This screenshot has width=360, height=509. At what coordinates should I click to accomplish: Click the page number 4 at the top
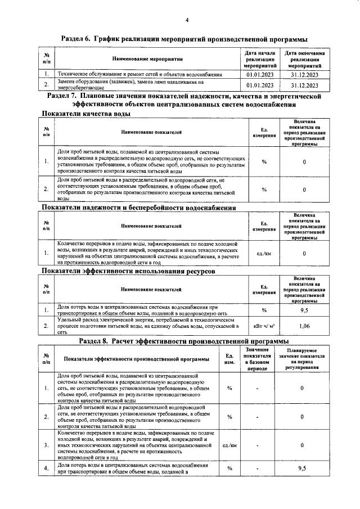click(186, 21)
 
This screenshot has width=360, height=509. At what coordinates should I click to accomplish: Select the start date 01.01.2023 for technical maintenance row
click(260, 74)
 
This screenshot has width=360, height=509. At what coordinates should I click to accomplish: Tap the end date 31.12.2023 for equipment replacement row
click(305, 85)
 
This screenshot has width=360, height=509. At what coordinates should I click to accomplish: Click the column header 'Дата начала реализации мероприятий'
click(260, 58)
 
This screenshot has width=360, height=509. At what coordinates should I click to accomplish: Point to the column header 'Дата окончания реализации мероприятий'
click(305, 58)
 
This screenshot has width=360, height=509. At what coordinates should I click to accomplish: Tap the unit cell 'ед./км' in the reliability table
click(264, 254)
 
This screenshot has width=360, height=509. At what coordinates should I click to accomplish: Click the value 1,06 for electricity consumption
click(304, 325)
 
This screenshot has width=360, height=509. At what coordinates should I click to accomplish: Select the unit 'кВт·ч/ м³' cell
click(264, 325)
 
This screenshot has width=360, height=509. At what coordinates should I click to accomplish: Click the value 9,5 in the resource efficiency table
click(304, 309)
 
